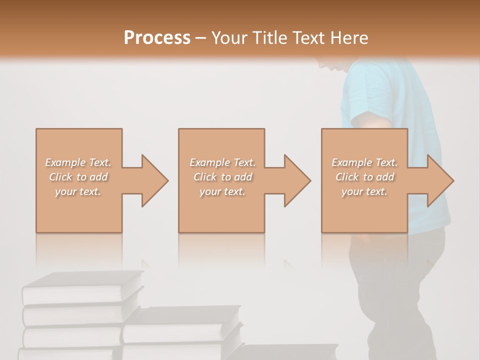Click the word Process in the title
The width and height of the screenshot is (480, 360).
coord(157,37)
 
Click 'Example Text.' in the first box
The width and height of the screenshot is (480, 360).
coord(78,162)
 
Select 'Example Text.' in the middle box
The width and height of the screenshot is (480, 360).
coord(222,162)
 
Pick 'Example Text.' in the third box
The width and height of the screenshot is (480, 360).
coord(364,162)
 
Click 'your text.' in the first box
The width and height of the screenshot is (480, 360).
coord(78,191)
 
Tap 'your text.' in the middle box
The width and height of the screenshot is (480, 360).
coord(222,191)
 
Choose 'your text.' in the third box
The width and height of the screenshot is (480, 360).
coord(364,191)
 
